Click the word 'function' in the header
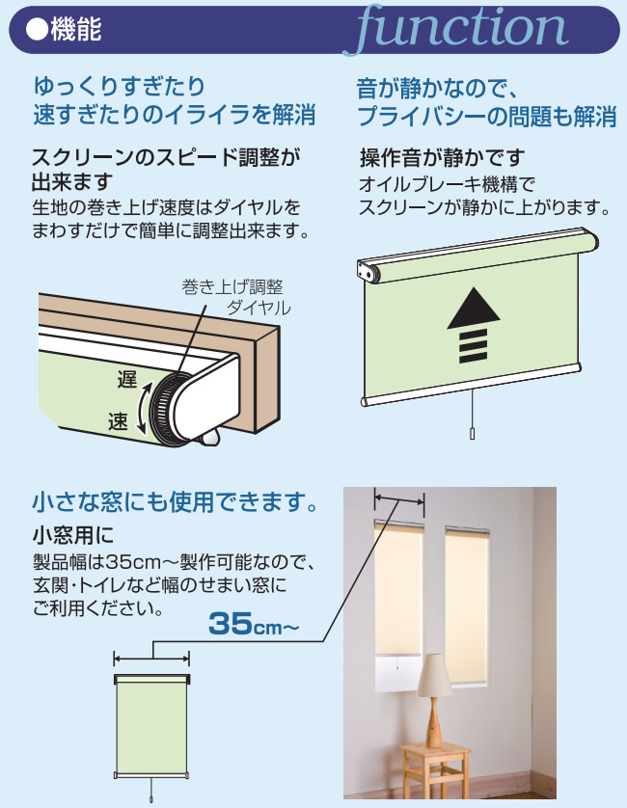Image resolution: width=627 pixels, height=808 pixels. (461, 28)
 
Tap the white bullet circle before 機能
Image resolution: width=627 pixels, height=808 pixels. (37, 29)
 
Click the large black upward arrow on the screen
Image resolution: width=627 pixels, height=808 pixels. (473, 325)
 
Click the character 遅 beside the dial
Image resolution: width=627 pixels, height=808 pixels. (126, 379)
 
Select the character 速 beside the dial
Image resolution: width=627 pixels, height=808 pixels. (118, 421)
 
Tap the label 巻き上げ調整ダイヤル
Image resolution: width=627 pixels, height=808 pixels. (235, 297)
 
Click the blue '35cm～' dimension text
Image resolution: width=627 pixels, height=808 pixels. (254, 624)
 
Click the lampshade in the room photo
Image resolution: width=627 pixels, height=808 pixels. (435, 676)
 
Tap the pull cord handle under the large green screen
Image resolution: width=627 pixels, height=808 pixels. (472, 433)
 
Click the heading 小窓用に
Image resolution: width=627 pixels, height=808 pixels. (73, 536)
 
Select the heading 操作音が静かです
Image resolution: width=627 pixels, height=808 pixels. (442, 158)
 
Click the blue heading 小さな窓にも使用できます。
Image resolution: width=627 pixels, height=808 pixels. (176, 502)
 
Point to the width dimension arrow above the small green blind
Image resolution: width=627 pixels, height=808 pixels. (151, 659)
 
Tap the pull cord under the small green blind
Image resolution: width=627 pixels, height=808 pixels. (151, 789)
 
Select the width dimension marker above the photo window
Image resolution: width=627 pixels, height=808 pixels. (399, 499)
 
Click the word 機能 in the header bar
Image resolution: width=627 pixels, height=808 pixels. (76, 29)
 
